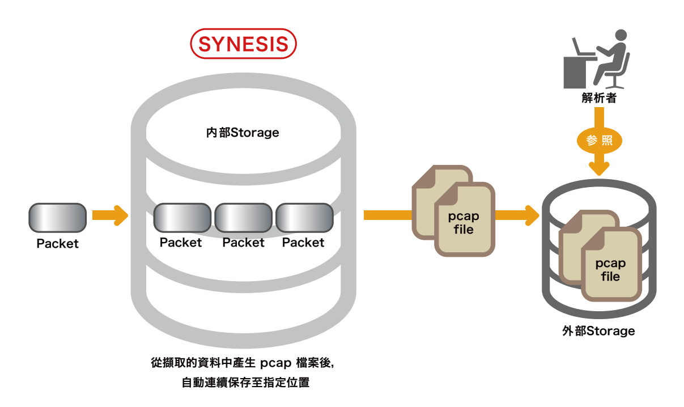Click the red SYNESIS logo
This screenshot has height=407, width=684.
(x=243, y=44)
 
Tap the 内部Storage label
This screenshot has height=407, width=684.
(x=243, y=133)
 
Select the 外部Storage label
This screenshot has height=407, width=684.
(x=598, y=331)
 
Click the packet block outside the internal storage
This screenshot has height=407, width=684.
(x=57, y=218)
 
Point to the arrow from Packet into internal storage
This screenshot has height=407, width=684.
(x=110, y=215)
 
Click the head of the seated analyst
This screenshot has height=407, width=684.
(x=621, y=35)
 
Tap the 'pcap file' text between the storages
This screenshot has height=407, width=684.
(x=464, y=223)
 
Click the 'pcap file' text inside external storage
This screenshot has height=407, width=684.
(x=610, y=270)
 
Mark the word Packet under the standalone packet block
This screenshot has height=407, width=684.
(x=57, y=244)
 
